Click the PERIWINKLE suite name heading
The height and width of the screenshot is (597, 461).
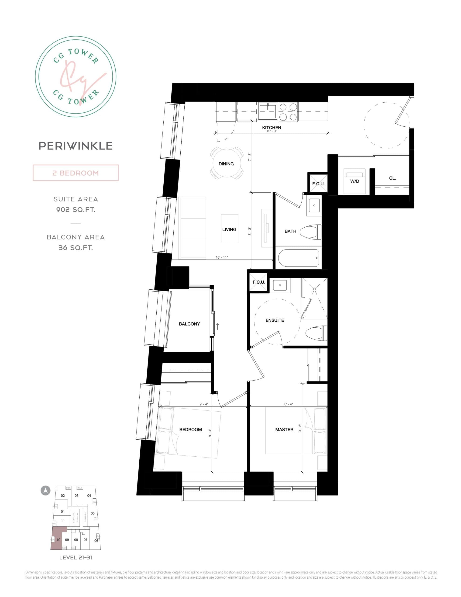76,146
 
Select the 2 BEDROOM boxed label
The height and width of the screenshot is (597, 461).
76,173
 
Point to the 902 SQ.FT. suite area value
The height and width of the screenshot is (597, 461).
76,210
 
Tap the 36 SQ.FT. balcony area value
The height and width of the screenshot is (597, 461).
76,248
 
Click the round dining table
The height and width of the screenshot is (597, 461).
226,163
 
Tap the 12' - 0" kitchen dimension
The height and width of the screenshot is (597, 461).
272,131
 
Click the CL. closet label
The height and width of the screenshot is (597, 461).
392,178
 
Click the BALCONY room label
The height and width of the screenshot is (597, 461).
189,324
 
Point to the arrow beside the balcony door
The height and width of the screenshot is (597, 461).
218,326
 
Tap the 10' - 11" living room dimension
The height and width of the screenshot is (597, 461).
222,257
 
